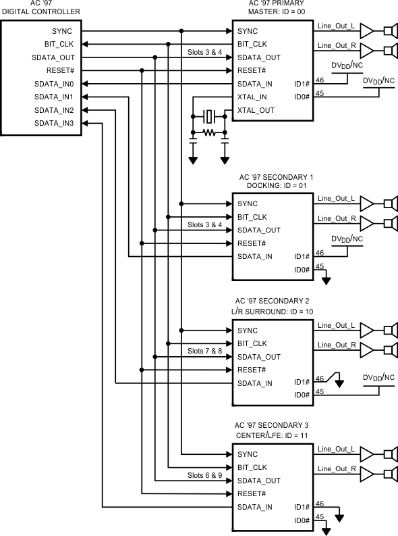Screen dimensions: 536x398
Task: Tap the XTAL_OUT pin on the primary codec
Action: [256, 110]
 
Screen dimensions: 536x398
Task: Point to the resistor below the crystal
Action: [209, 133]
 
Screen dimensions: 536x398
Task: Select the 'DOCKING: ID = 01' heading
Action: [276, 185]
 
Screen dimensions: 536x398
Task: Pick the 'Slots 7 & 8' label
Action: [204, 351]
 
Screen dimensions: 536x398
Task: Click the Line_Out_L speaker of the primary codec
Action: [389, 31]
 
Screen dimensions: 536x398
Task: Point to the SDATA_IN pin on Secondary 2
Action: [255, 383]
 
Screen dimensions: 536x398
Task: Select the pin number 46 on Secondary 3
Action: [320, 503]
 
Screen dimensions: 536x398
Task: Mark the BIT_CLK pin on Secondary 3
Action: [252, 468]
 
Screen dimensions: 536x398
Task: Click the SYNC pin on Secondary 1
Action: [248, 204]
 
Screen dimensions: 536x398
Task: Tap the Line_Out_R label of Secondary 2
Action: [335, 344]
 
